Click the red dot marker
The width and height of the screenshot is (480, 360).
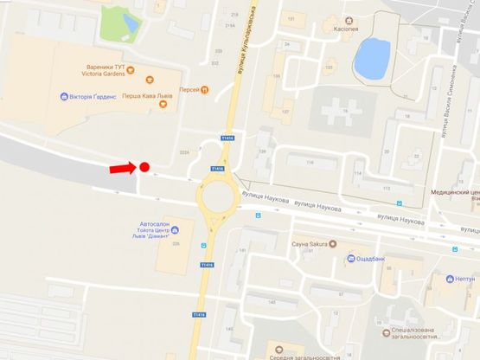(144, 167)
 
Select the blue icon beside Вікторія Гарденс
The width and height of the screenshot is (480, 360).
(65, 96)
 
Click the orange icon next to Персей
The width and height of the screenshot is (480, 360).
(204, 89)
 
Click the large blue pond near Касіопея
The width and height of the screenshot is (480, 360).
(373, 58)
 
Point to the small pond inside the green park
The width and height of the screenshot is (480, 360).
(131, 21)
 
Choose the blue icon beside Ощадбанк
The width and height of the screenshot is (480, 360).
(352, 258)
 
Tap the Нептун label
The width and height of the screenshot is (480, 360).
(464, 280)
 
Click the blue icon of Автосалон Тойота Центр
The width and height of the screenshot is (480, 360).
(176, 229)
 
